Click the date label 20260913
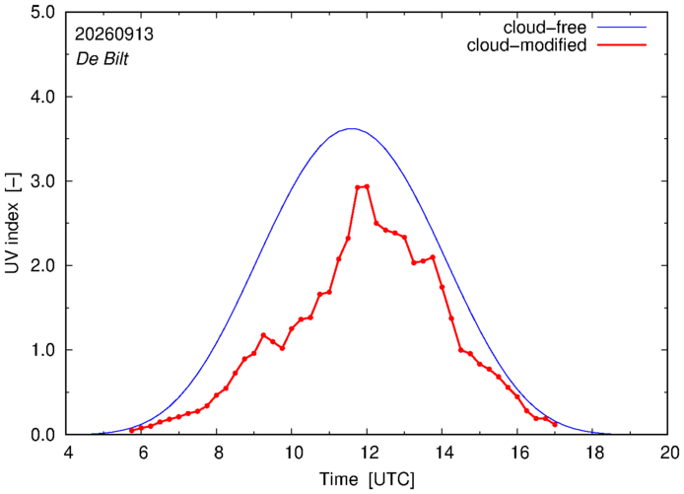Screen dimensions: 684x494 pos(114,35)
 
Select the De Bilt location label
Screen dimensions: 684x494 pos(103,59)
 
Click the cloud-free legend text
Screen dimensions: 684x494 pos(545,28)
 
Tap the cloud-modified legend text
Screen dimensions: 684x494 pos(526,45)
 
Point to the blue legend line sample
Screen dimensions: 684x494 pos(622,27)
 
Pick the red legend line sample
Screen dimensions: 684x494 pos(622,45)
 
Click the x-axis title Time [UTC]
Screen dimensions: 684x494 pos(367,479)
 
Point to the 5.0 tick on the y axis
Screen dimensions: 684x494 pos(42,12)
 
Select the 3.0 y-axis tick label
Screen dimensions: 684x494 pos(42,181)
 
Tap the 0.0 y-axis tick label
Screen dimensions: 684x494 pos(42,435)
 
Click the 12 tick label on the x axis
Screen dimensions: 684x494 pos(368,453)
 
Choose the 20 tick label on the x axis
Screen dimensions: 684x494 pos(668,453)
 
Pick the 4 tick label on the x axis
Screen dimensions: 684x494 pos(67,453)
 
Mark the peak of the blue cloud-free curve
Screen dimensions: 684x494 pos(352,128)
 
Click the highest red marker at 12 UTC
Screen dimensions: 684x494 pos(367,186)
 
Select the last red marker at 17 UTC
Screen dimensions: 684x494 pos(555,424)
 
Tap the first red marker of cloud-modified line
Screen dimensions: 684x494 pos(132,430)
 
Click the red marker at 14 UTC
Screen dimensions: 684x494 pos(442,287)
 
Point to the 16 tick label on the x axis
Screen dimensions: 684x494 pos(517,453)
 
